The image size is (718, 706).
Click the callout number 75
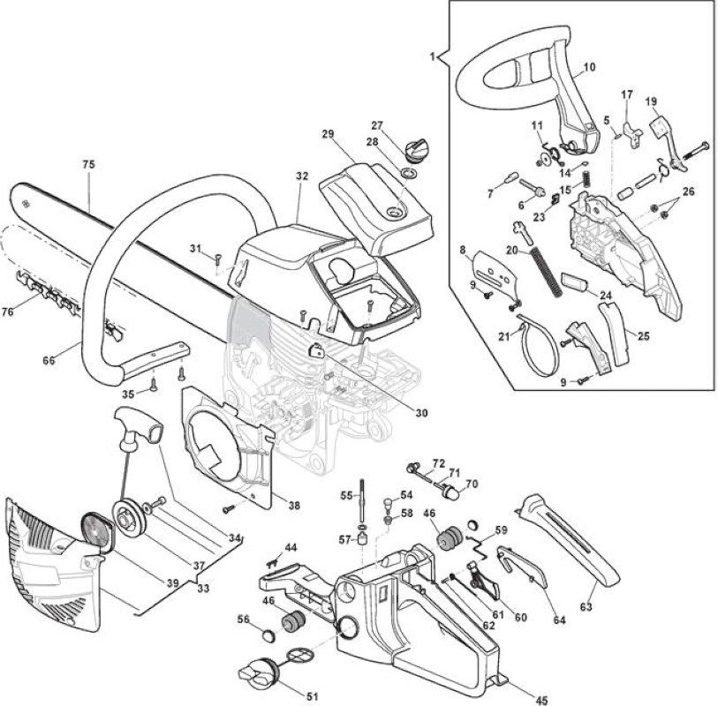pos(88,164)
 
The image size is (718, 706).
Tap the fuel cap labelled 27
pos(417,150)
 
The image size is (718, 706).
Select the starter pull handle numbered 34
pos(138,426)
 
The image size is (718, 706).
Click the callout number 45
pos(540,700)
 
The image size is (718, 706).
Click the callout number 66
pos(49,361)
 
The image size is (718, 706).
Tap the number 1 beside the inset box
pos(432,56)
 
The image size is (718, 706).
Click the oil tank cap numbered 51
pos(259,672)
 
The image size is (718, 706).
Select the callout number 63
pos(586,607)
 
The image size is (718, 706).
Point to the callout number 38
pos(294,505)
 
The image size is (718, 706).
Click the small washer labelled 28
pos(408,174)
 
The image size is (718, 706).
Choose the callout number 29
pos(328,134)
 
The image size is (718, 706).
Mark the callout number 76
pos(8,312)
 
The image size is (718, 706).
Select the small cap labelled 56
pos(268,635)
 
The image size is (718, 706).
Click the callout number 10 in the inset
pos(590,67)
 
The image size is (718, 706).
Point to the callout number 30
pos(421,413)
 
